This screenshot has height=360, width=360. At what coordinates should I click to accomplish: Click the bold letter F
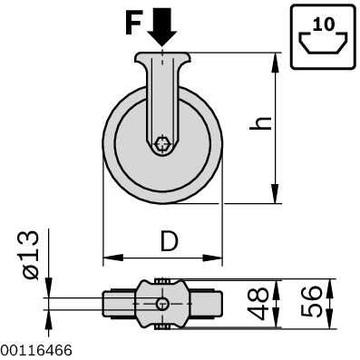(132, 24)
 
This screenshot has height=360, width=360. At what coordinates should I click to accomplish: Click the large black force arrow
(162, 26)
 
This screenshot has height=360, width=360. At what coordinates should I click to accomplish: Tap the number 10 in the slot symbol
(324, 24)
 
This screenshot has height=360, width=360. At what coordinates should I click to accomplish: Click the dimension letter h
(260, 122)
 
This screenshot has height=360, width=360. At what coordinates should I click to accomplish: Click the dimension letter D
(169, 241)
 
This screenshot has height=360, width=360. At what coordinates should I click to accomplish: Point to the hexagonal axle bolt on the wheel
(162, 143)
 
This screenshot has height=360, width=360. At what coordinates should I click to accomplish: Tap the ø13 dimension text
(31, 255)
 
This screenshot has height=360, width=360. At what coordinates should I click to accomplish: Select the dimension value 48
(258, 303)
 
